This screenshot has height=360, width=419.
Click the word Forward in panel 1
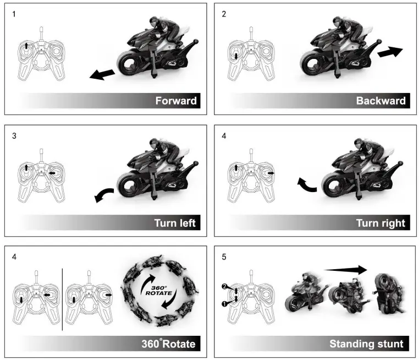click(x=175, y=101)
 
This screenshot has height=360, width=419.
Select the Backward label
click(x=381, y=101)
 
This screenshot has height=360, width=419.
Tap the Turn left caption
click(x=175, y=223)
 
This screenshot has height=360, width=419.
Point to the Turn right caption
click(x=381, y=223)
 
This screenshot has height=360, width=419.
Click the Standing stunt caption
click(x=366, y=345)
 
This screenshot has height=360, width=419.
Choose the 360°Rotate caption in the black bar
click(x=168, y=345)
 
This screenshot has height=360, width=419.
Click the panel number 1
click(x=14, y=14)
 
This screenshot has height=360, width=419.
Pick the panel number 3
click(x=14, y=135)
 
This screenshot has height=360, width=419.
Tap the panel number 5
click(x=224, y=257)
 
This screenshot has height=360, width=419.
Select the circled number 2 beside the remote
click(x=224, y=287)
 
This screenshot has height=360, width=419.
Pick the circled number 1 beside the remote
click(x=224, y=303)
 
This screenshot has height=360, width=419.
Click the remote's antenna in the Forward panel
click(x=41, y=33)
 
